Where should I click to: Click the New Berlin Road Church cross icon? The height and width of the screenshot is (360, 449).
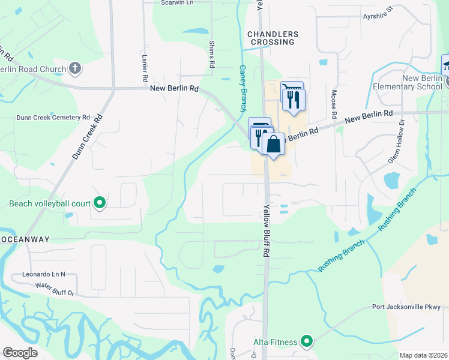click(x=75, y=68)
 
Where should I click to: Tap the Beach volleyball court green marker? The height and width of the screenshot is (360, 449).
click(x=100, y=204)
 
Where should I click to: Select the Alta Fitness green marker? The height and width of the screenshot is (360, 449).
click(x=307, y=342)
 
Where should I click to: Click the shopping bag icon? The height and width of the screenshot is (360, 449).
click(x=273, y=145)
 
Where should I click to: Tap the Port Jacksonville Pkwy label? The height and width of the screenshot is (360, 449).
click(x=406, y=307)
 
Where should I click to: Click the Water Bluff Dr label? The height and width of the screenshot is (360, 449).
click(x=54, y=290)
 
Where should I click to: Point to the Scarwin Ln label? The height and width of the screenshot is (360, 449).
click(x=178, y=2)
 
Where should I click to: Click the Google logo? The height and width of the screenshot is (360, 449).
click(x=20, y=353)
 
